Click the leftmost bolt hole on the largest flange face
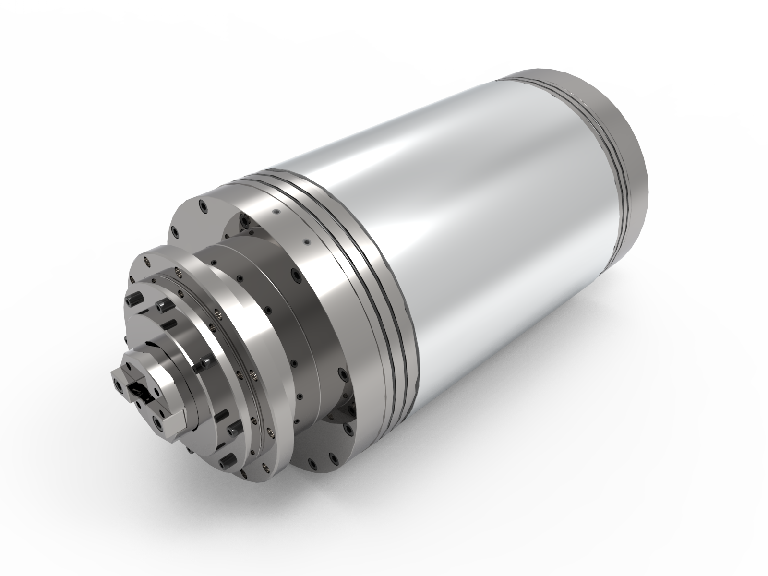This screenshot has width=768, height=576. point(176,233)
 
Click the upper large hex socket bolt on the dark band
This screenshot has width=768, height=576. point(292,276)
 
